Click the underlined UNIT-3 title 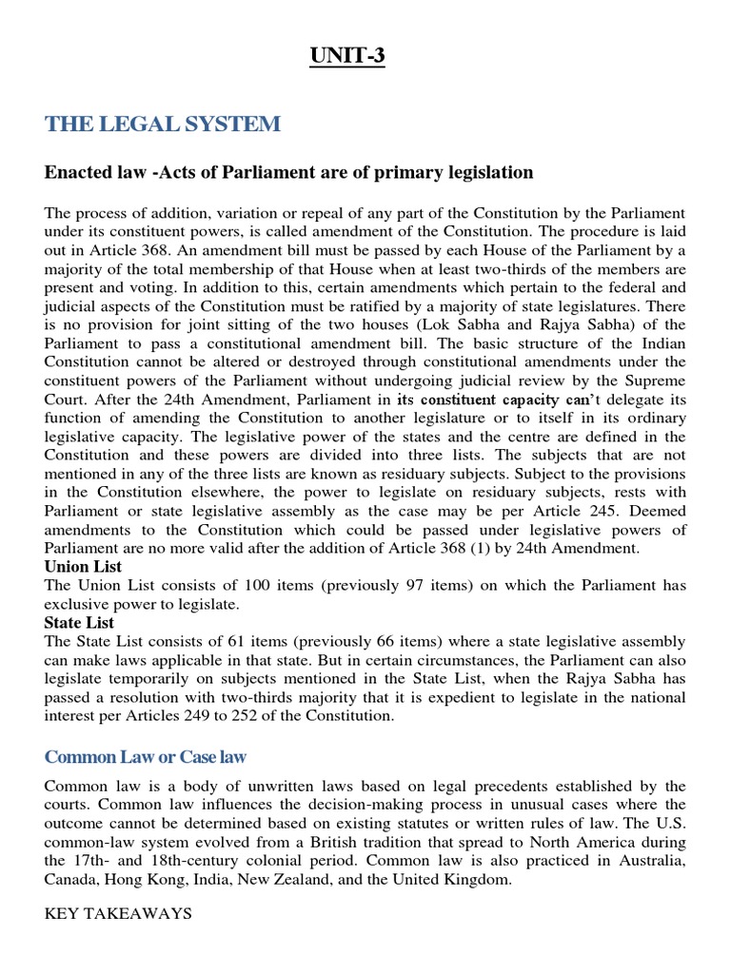(x=346, y=58)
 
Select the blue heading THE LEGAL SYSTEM (x=163, y=124)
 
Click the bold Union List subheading (x=81, y=566)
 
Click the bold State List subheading (x=79, y=622)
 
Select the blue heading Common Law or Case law (x=146, y=757)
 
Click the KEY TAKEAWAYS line (x=118, y=913)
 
